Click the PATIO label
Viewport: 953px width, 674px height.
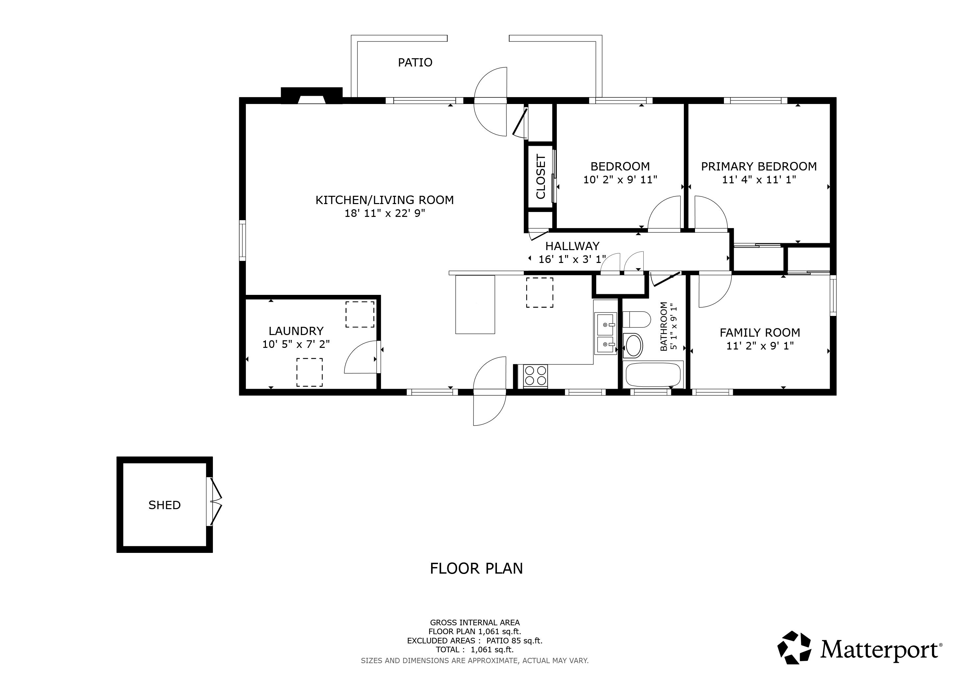pos(415,62)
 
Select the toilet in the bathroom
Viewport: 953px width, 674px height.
pos(637,320)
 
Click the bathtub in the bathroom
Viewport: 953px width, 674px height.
pos(653,375)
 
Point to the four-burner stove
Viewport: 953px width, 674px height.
pos(535,376)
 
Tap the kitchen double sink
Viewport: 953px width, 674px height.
pos(605,334)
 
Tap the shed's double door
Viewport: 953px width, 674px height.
pos(216,503)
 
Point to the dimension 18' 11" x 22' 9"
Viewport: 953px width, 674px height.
pos(384,213)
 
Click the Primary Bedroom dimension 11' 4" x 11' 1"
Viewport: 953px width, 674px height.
pos(759,180)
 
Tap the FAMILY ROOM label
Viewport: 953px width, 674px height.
pos(760,332)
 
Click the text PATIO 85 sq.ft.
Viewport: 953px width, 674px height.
pos(514,641)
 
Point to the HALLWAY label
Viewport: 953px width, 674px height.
pos(572,246)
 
